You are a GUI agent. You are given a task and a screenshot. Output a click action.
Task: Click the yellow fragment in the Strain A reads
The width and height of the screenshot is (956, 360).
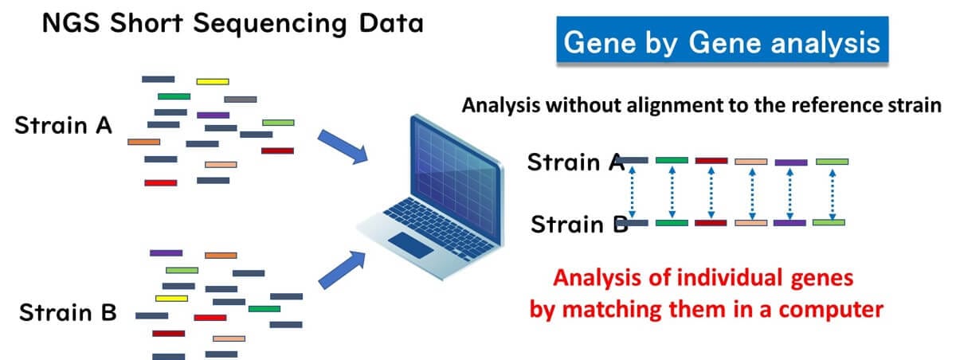(213, 81)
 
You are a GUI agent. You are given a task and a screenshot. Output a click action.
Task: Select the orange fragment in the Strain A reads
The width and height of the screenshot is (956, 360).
(143, 142)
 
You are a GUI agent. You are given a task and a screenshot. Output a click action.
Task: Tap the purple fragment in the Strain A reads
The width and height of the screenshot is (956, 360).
(213, 115)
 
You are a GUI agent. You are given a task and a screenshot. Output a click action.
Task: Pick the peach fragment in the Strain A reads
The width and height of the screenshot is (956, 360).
(221, 165)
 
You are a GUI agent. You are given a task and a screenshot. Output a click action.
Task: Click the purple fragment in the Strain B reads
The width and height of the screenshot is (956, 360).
(166, 252)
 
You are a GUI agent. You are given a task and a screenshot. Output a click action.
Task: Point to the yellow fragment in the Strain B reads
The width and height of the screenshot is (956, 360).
(171, 298)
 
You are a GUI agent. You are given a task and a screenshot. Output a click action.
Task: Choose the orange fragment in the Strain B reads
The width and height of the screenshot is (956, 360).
(221, 256)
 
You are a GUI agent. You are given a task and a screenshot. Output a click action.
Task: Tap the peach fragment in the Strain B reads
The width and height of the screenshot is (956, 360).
(229, 338)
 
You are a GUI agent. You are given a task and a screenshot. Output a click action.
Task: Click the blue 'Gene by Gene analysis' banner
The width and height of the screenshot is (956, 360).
(722, 42)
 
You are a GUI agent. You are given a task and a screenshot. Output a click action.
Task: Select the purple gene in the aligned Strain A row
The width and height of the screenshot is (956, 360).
(790, 162)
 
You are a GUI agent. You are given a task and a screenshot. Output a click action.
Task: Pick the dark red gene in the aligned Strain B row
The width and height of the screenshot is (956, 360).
(711, 222)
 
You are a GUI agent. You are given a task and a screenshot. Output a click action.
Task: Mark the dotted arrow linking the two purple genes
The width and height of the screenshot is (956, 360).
(790, 192)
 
